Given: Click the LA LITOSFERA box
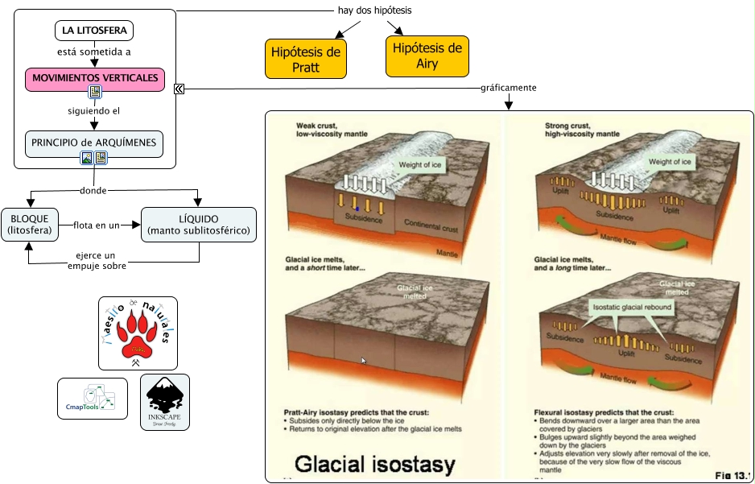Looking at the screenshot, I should [x=94, y=31].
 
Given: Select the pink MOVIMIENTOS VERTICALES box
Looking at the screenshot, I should [x=94, y=78].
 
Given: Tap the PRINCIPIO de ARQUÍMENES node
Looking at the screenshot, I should [x=94, y=143].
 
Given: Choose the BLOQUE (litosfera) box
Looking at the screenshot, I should [x=28, y=225].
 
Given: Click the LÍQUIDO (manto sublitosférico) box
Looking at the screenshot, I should [x=199, y=225].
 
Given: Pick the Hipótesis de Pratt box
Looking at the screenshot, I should [x=306, y=60].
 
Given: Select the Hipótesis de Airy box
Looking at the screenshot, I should [x=427, y=56].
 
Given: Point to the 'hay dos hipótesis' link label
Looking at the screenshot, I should [x=374, y=10].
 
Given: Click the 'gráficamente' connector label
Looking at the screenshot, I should [x=509, y=88].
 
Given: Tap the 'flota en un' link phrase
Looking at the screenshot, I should [x=96, y=225].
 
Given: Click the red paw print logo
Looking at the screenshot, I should [x=138, y=333].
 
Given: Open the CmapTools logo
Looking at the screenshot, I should [x=93, y=398].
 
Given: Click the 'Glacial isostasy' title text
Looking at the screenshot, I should [x=374, y=464].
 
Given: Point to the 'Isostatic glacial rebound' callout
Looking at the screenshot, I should [x=632, y=308].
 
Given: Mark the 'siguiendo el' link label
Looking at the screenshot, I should [x=94, y=110].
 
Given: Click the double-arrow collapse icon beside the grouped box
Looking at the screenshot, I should [x=179, y=89].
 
